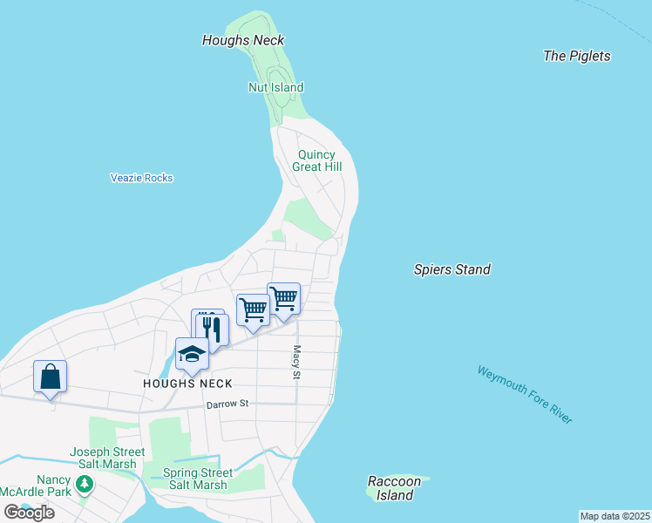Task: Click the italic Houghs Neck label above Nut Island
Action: [x=243, y=40]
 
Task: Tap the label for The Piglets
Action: [x=576, y=56]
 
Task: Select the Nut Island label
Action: [x=275, y=87]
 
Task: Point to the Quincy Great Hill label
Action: [x=316, y=160]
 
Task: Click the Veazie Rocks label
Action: [x=141, y=178]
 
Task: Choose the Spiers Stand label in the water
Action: [x=452, y=269]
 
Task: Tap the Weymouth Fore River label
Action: [x=525, y=395]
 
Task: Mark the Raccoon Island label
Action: [x=394, y=488]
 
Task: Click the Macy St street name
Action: [x=296, y=362]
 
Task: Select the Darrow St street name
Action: [x=228, y=404]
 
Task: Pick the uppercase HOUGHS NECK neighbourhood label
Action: [x=188, y=384]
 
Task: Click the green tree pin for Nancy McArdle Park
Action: [x=84, y=486]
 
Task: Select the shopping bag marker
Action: [x=50, y=377]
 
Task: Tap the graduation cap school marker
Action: [x=192, y=354]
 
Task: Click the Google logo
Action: [x=29, y=513]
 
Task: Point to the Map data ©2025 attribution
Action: [x=615, y=516]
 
